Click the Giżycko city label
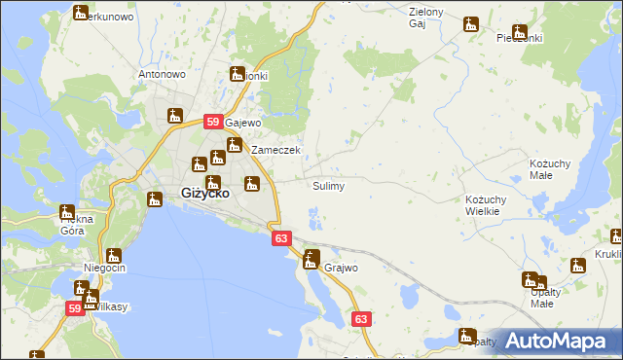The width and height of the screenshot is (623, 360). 205,193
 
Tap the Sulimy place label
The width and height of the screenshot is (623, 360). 328,186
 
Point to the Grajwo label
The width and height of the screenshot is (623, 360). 342,267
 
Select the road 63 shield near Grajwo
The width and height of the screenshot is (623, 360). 281,237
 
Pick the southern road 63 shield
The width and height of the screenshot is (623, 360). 361,318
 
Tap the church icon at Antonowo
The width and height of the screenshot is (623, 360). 175,115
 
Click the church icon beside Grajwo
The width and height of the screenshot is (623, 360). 311,259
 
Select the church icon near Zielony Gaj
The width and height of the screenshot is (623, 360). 472,24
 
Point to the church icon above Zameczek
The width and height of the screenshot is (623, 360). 235,146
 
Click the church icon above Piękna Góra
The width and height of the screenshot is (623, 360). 67,211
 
